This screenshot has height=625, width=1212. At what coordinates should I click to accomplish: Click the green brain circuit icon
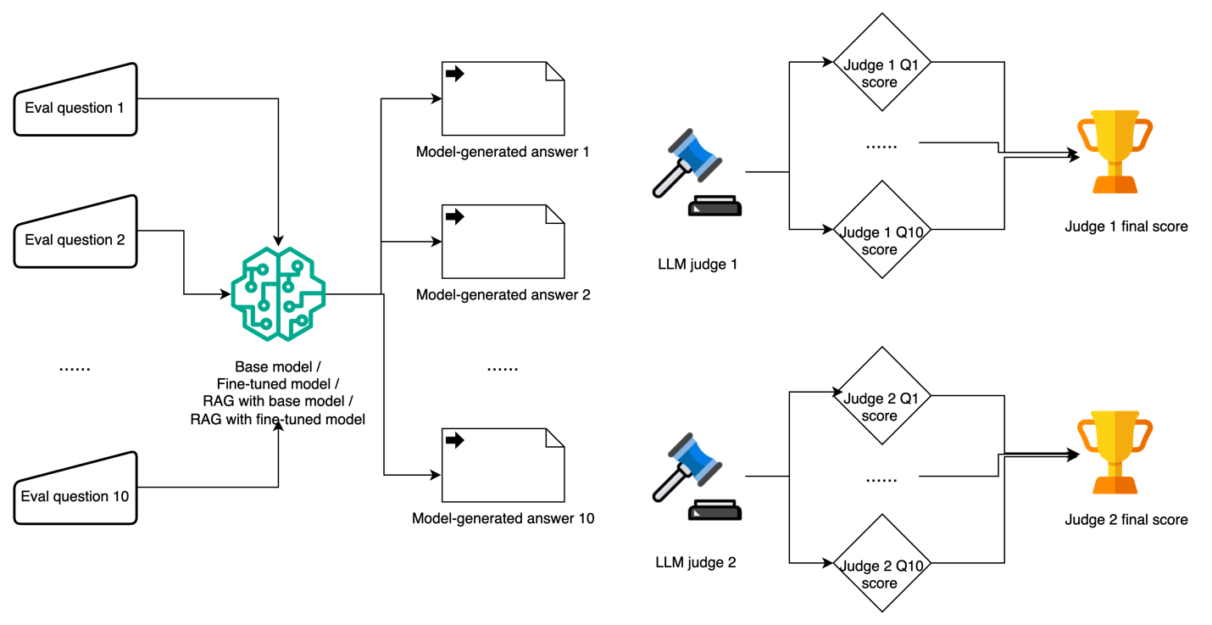(279, 293)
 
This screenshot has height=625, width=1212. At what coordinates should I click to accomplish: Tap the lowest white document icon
(503, 466)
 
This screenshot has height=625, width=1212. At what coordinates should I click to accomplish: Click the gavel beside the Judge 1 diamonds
(696, 169)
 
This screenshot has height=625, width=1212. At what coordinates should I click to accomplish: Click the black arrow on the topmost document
(455, 74)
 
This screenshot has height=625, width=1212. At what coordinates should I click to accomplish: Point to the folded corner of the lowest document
(554, 438)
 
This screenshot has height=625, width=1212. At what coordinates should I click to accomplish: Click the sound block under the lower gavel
(714, 511)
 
